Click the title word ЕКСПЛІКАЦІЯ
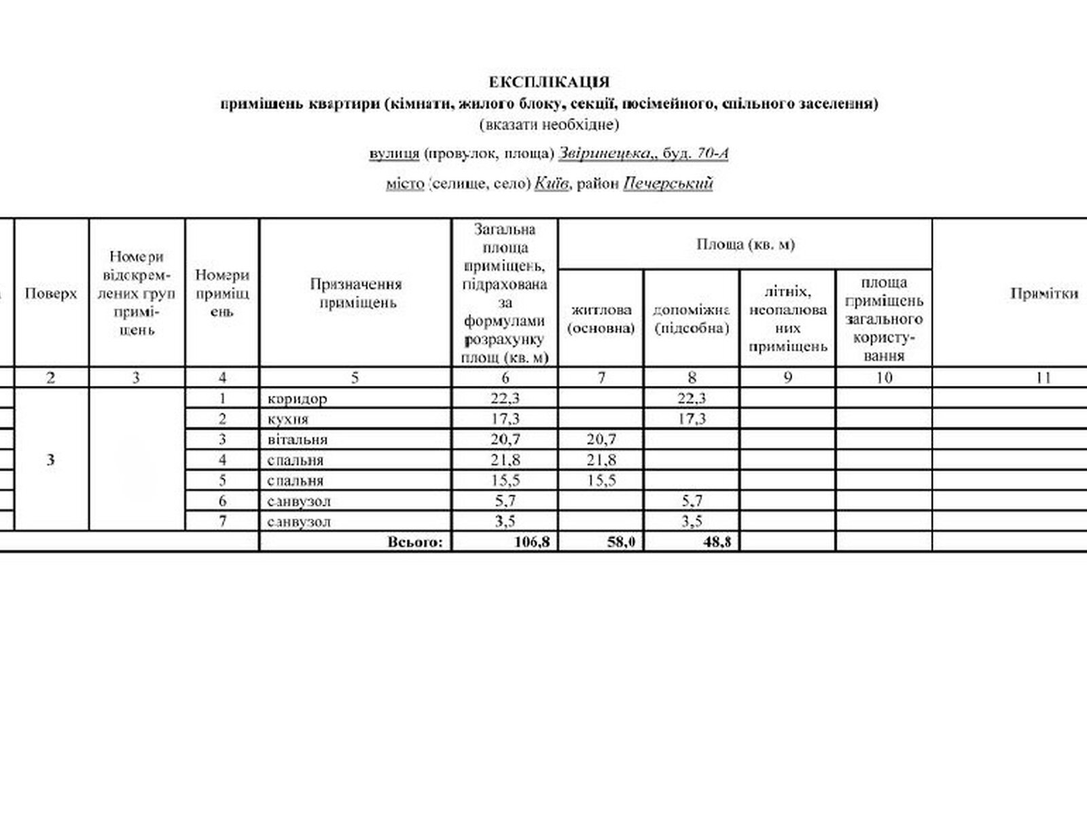point(549,82)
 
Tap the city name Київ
point(551,183)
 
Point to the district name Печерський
point(667,183)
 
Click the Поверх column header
point(51,293)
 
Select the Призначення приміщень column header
point(355,293)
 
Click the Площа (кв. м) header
point(745,244)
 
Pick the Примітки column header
point(1044,293)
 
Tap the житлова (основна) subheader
point(601,319)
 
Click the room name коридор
point(298,399)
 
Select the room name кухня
point(288,419)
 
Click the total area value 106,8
point(529,542)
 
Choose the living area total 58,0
point(621,542)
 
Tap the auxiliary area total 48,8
point(717,542)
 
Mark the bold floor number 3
point(51,460)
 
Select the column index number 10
point(883,378)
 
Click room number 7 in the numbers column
point(222,522)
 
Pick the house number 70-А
point(713,153)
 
